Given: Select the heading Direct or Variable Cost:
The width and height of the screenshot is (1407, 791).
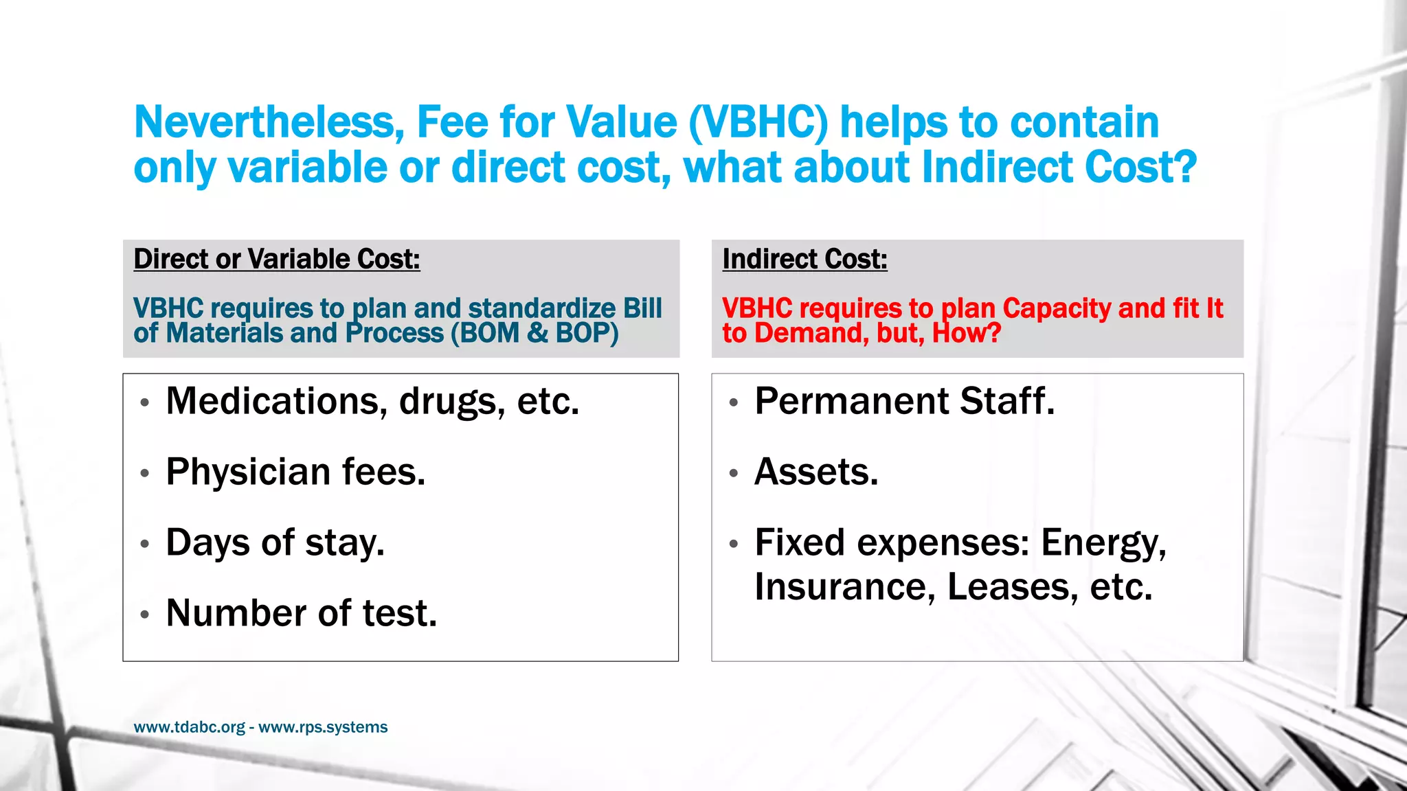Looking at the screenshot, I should pyautogui.click(x=276, y=260).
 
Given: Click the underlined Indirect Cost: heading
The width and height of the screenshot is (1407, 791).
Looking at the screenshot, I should pyautogui.click(x=804, y=260).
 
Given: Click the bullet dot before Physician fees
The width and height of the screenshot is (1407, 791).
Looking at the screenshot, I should pyautogui.click(x=144, y=473).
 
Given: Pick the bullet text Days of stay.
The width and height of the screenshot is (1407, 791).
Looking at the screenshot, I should pyautogui.click(x=275, y=542).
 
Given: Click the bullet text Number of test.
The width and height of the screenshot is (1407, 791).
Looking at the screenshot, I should pyautogui.click(x=301, y=613).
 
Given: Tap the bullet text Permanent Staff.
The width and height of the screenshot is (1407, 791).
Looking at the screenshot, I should pyautogui.click(x=904, y=401).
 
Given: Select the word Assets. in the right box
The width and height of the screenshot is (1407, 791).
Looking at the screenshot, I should pyautogui.click(x=816, y=472).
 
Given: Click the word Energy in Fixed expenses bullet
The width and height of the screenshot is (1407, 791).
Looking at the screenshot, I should pyautogui.click(x=1103, y=542).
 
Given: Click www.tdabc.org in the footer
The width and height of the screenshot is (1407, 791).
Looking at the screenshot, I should pyautogui.click(x=189, y=727).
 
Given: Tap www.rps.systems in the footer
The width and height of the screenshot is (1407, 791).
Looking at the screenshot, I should pyautogui.click(x=323, y=727).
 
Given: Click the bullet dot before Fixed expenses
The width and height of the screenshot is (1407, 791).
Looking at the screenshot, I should pyautogui.click(x=733, y=544).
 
